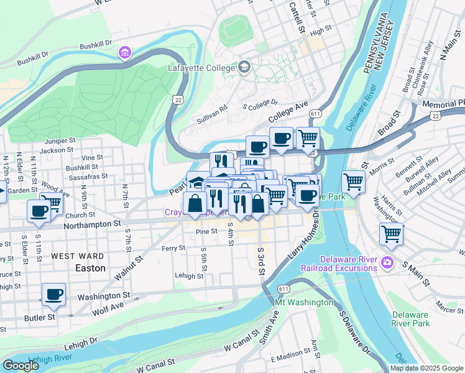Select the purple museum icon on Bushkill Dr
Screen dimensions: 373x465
click(x=126, y=53)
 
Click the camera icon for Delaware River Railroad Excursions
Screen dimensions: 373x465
click(x=389, y=262)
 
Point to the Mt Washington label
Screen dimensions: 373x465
click(x=305, y=302)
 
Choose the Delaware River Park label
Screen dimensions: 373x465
click(x=410, y=319)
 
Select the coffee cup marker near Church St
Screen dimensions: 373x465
click(x=39, y=210)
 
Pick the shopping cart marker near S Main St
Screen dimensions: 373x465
click(x=391, y=234)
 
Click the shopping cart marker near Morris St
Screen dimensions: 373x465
click(x=353, y=182)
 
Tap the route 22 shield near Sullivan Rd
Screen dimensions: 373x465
click(x=179, y=99)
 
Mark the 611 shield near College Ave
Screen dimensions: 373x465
click(x=316, y=114)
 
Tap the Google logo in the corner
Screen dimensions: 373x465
click(x=21, y=366)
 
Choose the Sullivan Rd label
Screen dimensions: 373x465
click(x=213, y=107)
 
